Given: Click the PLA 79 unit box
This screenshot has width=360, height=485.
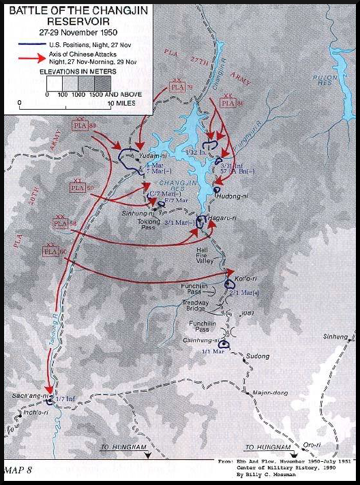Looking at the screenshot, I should click(177, 87).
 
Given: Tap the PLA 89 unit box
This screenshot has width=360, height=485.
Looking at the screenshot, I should click(81, 126).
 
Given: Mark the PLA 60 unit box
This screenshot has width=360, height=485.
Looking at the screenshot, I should click(52, 251).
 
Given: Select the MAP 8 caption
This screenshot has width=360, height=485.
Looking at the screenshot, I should click(18, 470).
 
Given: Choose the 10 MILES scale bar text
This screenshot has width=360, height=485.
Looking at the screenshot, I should click(122, 104).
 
